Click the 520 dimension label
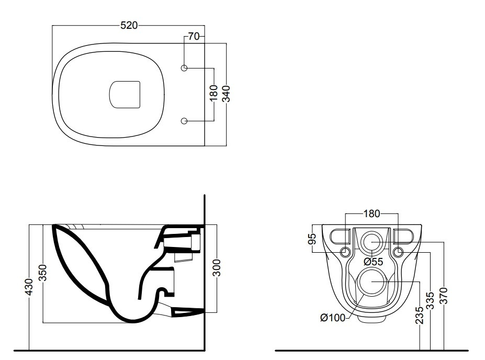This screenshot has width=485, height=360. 129,25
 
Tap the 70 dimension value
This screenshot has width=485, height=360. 194,37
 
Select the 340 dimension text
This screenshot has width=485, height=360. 227,94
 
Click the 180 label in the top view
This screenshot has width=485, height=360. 214,94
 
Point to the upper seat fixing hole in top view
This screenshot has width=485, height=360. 184,67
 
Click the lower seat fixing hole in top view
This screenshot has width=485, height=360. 184,121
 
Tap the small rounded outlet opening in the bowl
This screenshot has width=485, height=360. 125,95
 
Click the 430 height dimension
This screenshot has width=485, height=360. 29,287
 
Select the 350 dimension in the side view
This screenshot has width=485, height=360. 43,273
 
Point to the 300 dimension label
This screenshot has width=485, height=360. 217,268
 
